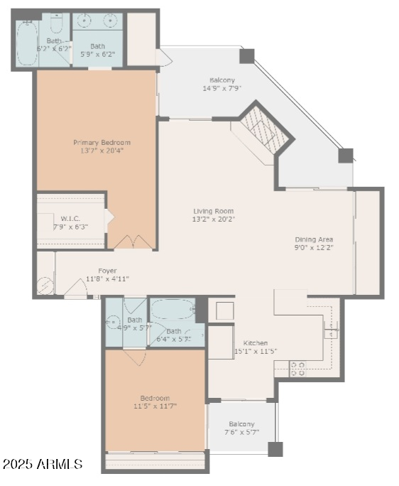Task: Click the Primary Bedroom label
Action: pos(102,142)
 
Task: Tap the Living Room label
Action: pos(213,211)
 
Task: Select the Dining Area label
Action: pos(313,239)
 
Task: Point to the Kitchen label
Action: pos(256,342)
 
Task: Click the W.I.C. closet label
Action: pos(70,218)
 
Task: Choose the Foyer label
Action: pos(107,271)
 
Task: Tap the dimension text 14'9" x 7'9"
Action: pos(222,89)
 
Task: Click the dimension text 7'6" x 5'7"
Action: pos(241,432)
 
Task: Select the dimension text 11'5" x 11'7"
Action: pos(154,406)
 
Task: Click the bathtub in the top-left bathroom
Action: pos(27,44)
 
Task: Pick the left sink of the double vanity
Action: pos(82,21)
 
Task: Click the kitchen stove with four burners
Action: pos(298,368)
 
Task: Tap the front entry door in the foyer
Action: pos(76,290)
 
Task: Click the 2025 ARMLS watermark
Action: pos(43,465)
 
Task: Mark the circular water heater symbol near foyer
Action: pos(44,286)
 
